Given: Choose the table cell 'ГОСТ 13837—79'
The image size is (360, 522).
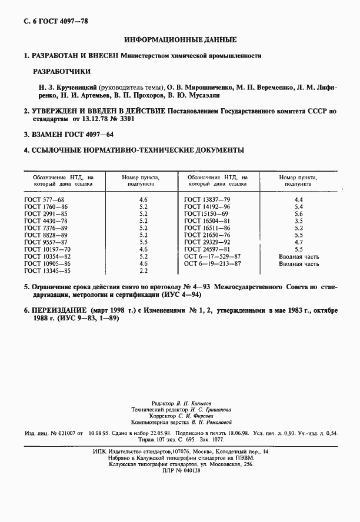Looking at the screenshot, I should tap(207, 200).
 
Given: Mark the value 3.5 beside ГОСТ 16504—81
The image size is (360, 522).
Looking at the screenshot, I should tap(298, 222).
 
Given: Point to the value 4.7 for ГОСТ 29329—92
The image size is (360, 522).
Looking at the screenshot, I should tap(298, 242).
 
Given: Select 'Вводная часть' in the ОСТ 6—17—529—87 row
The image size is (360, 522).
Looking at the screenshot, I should tap(298, 256).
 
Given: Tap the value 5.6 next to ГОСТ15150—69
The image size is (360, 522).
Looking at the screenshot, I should tap(298, 215).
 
